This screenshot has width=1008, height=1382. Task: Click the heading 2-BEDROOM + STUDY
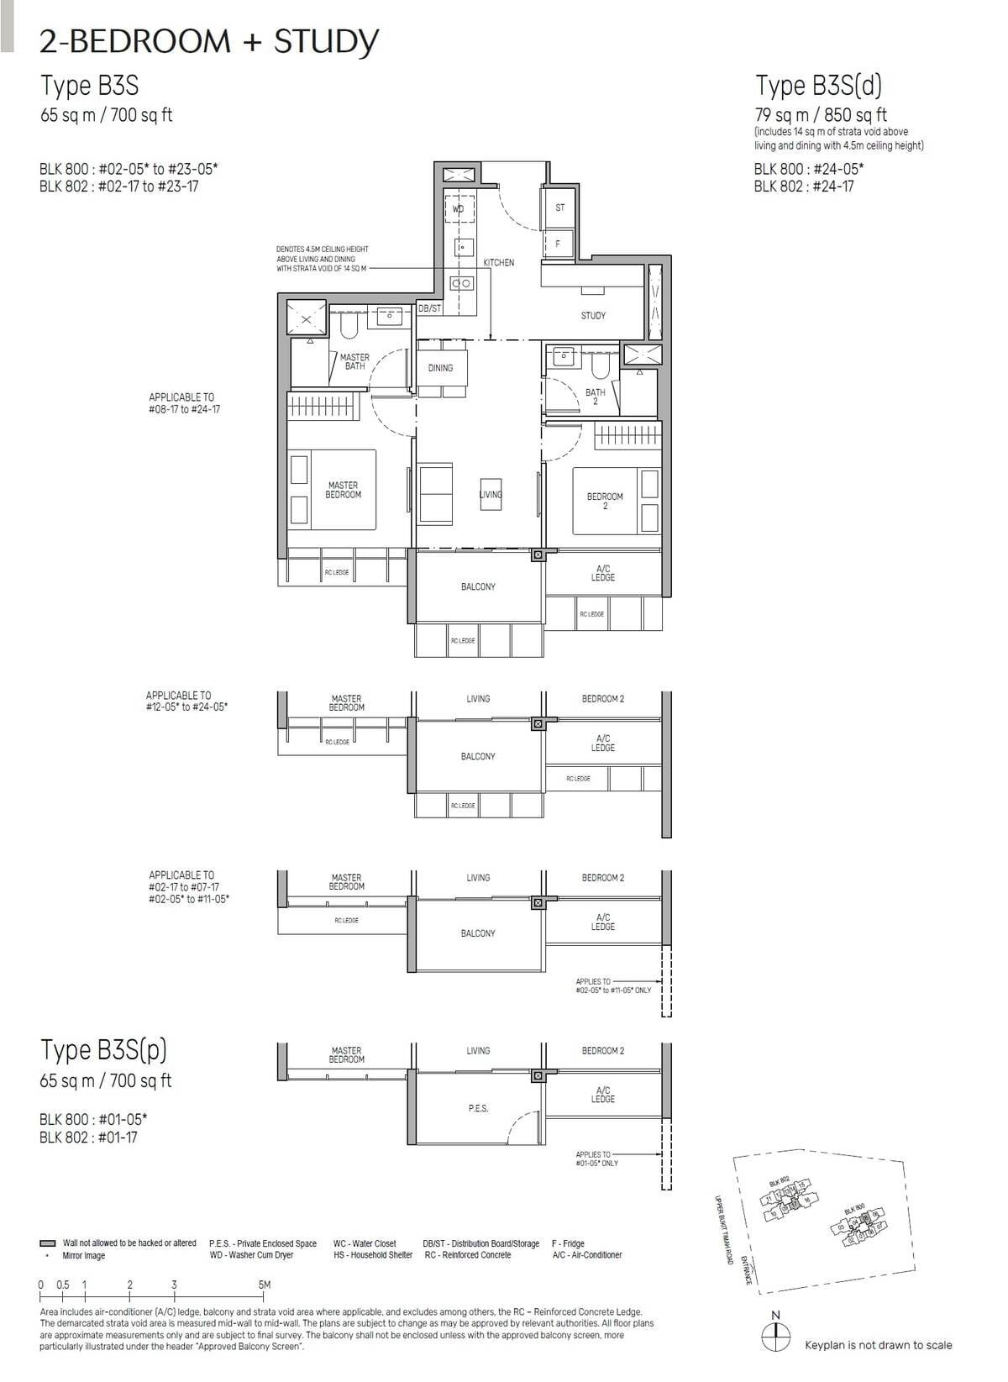[209, 41]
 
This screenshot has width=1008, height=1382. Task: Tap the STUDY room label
[593, 316]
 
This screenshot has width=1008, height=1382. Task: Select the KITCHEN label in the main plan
[498, 263]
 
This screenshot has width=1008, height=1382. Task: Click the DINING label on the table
[440, 368]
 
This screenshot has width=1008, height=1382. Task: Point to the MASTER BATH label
[354, 362]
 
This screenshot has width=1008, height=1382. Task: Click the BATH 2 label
[595, 397]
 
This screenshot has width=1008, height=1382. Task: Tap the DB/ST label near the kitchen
[429, 309]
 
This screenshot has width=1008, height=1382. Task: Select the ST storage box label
[560, 208]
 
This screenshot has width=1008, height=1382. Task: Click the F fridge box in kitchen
[558, 244]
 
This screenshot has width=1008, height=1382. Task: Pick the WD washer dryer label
[458, 208]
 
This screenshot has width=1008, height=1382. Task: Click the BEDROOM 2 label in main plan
[605, 501]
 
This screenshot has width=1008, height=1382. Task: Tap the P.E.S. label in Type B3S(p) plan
[478, 1109]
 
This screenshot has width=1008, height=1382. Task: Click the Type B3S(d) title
[818, 86]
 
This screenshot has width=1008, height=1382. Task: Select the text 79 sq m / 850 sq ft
[820, 115]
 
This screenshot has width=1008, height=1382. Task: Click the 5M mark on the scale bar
[264, 1285]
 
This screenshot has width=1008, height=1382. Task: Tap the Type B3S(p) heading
[103, 1050]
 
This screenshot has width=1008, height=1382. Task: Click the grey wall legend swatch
[47, 1243]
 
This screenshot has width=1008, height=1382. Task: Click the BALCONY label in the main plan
[478, 586]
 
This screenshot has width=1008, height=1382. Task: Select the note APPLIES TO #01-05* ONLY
[596, 1159]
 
